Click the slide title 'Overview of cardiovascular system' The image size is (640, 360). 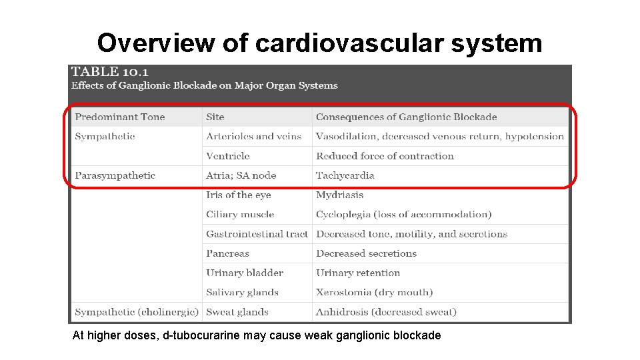[x=319, y=43]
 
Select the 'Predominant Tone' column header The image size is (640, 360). [x=120, y=117]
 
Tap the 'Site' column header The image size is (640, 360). [x=215, y=117]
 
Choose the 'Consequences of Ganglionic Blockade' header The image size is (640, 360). [x=407, y=117]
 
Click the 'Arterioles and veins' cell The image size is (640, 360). [x=254, y=137]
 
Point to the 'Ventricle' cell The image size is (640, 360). [x=228, y=156]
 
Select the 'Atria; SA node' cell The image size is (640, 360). [x=241, y=175]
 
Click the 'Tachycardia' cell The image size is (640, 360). [x=345, y=175]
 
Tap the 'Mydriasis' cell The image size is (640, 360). [x=340, y=195]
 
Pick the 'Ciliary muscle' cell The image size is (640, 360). [x=240, y=215]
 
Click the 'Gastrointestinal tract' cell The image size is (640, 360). [x=257, y=234]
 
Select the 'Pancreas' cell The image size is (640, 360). [x=228, y=253]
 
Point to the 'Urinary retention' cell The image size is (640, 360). [x=358, y=273]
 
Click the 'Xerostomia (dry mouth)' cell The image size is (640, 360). [x=375, y=292]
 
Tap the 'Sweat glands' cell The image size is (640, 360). [x=237, y=312]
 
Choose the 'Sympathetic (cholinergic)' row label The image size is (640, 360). [x=137, y=312]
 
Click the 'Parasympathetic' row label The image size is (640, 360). [x=115, y=175]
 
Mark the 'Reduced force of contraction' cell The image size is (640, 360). [x=385, y=156]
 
